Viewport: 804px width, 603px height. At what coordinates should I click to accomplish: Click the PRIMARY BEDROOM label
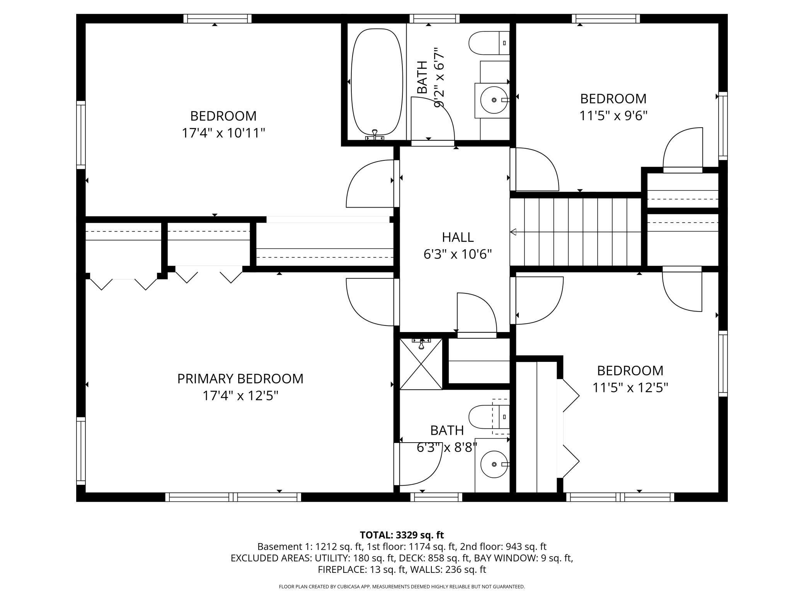point(240,378)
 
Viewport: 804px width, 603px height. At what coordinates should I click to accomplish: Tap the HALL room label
point(458,237)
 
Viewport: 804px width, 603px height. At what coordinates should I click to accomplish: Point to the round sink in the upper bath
point(494,100)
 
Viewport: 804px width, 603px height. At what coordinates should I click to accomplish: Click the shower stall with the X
point(421,364)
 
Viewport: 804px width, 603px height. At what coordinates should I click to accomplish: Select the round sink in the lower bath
point(494,464)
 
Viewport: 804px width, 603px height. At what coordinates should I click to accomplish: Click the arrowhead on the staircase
point(514,232)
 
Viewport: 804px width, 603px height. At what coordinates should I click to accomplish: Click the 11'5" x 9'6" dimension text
point(613,116)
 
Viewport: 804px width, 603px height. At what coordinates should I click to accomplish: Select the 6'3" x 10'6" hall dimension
point(458,254)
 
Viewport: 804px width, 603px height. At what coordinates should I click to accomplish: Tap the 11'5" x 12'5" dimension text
point(630,387)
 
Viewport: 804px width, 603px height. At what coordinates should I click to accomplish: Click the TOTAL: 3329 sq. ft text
point(402,535)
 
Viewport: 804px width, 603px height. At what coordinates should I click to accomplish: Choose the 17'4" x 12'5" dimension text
point(240,396)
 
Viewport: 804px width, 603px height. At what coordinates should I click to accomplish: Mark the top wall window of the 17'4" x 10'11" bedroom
point(217,19)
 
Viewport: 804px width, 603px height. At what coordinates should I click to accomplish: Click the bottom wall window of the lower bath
point(436,497)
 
